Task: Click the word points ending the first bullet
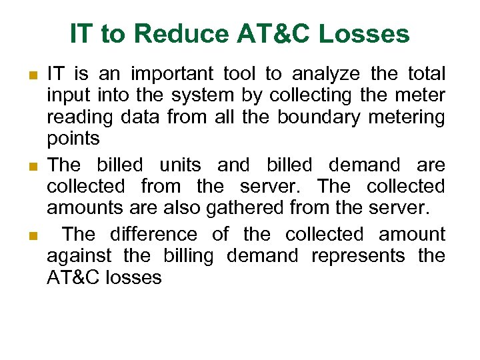73,139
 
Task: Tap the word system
201,96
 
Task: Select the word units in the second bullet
180,165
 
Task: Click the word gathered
245,208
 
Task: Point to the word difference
153,235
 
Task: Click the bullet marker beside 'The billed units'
33,166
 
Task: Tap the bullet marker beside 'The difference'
33,236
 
